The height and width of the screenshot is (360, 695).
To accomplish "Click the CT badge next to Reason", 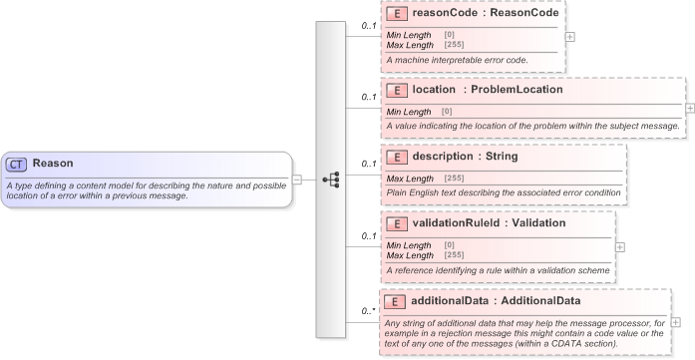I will coord(17,164).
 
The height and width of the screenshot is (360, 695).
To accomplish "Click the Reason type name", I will coord(52,164).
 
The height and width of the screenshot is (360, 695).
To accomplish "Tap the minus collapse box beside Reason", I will coord(297,180).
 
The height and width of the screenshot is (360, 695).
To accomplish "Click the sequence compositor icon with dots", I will coord(331,180).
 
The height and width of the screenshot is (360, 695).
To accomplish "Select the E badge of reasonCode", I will coord(395,15).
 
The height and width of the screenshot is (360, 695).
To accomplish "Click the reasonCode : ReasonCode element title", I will coord(473,15).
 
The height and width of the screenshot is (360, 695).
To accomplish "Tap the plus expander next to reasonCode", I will coord(569,36).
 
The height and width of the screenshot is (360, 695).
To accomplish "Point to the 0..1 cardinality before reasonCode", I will coord(368,26).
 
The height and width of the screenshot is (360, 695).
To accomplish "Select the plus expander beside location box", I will coord(689,106).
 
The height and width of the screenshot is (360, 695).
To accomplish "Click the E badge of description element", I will coord(395,157).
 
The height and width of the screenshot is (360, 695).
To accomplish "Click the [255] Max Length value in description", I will coord(453,179).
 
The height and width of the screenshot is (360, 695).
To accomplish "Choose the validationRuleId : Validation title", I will coord(489,222).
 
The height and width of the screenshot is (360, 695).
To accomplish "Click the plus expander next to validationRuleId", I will coord(620,245).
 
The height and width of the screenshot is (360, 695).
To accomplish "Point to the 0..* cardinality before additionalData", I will coord(368,311).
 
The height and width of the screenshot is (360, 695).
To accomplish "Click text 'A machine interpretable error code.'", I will coord(457,60).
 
